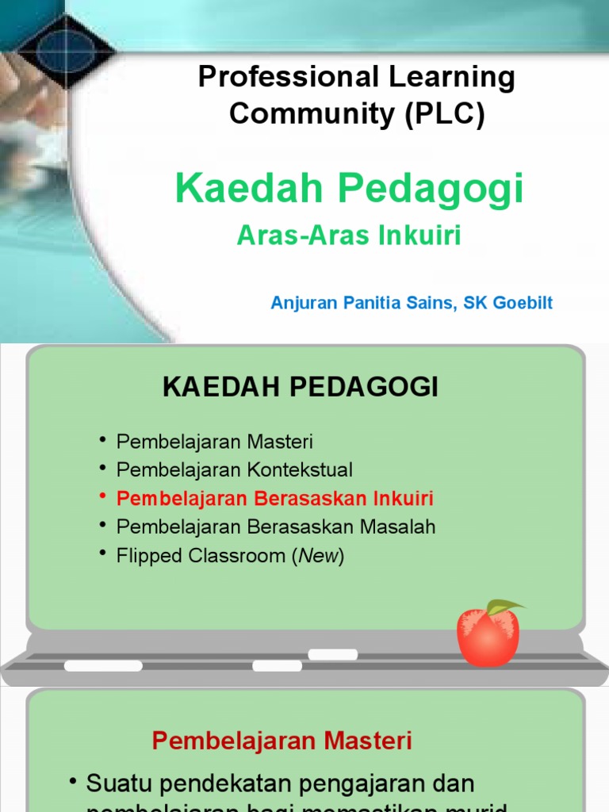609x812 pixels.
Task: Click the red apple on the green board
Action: click(488, 635)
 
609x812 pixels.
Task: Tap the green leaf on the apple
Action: click(504, 607)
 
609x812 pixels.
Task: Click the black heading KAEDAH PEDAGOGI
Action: click(301, 387)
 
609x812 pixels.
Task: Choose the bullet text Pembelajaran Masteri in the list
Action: click(214, 441)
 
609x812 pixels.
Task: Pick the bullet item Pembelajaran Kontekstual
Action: click(234, 469)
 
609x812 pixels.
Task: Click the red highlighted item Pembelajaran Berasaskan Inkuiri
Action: click(274, 499)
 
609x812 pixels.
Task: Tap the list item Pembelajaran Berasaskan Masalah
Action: click(275, 527)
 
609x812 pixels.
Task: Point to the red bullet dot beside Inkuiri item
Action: click(103, 497)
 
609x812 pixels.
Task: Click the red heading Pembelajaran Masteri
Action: click(282, 741)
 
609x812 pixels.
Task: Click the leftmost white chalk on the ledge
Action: click(103, 666)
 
